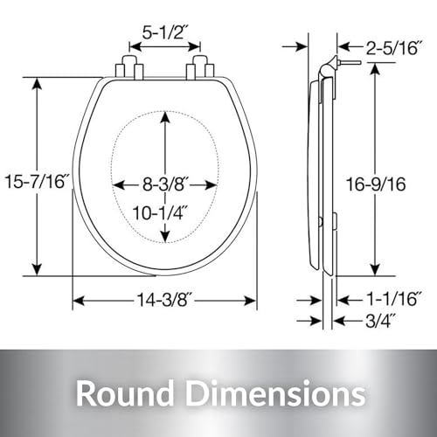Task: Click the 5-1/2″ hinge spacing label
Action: (x=164, y=32)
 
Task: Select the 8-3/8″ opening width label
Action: (x=163, y=184)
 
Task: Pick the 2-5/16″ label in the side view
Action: (x=393, y=47)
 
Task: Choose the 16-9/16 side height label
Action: (x=376, y=184)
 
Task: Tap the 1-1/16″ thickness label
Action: (x=393, y=299)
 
